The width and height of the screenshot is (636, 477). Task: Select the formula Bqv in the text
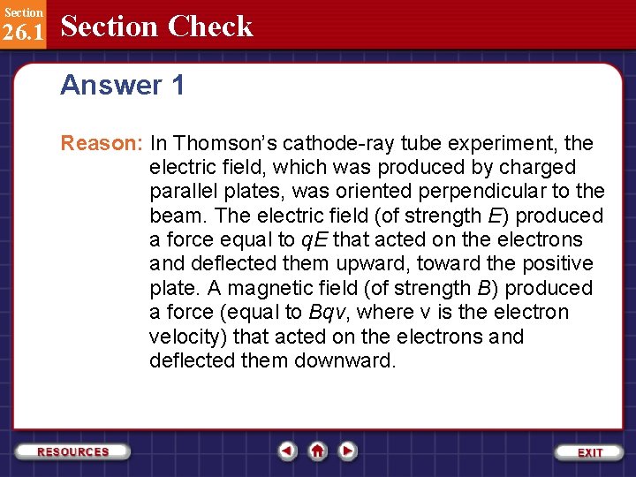[329, 313]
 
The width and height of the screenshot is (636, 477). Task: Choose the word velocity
[184, 337]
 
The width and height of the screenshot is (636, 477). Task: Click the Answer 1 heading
[123, 85]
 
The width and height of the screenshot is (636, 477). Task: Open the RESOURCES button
[73, 451]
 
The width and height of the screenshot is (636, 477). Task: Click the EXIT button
[589, 451]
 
